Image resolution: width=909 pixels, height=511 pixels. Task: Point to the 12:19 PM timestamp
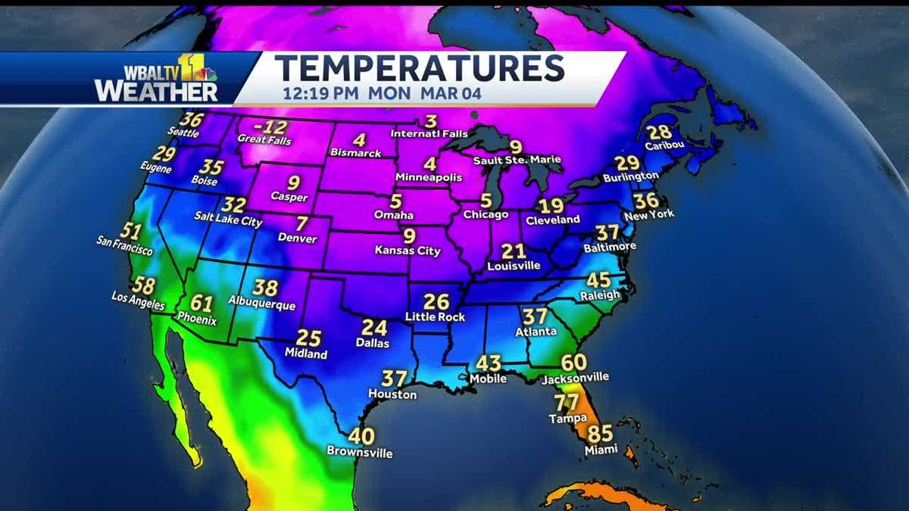(322, 95)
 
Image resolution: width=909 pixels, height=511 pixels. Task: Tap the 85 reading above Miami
(600, 435)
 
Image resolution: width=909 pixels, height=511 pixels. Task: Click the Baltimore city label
(609, 248)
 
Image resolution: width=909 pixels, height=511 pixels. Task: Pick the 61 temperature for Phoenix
(201, 304)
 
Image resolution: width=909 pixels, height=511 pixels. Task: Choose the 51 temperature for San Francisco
(131, 232)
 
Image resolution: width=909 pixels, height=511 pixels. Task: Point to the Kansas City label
(408, 251)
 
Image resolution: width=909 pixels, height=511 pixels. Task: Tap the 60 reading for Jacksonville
(574, 363)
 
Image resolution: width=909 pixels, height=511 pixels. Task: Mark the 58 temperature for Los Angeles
(143, 286)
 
